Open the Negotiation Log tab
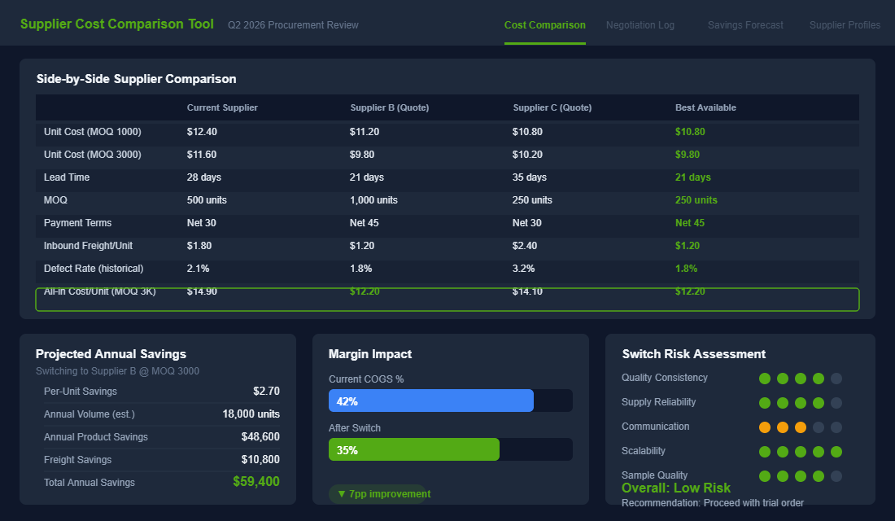(x=640, y=25)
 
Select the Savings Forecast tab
(x=745, y=25)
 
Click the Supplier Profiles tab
(x=845, y=25)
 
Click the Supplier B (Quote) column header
(x=389, y=107)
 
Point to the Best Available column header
(x=705, y=107)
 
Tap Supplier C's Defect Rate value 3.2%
(x=524, y=269)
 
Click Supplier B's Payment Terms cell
(x=365, y=223)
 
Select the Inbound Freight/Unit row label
(x=87, y=246)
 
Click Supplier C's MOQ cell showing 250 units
(x=532, y=200)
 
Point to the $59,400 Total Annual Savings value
(x=255, y=482)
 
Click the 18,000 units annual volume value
(x=251, y=414)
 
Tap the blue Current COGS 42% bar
(x=431, y=401)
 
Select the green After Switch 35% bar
(x=414, y=449)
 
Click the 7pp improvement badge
(x=379, y=494)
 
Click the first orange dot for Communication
(x=765, y=427)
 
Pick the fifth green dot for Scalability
(x=836, y=452)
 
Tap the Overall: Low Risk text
(x=676, y=488)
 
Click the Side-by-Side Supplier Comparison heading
(x=137, y=79)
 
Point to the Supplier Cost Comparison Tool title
(x=117, y=24)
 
